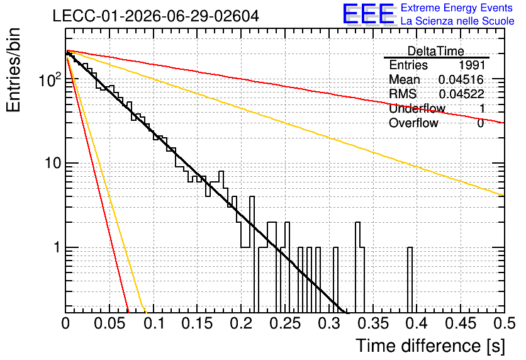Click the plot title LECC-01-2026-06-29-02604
click(x=155, y=16)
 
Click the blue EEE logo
click(x=369, y=14)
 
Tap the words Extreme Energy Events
click(x=457, y=8)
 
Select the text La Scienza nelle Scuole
click(x=457, y=21)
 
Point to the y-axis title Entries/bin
click(x=13, y=70)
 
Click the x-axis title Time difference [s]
click(x=430, y=346)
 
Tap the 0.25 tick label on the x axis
click(x=286, y=323)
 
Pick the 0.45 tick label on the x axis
click(x=461, y=323)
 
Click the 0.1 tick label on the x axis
click(x=154, y=323)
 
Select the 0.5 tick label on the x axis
click(x=505, y=323)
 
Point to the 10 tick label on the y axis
click(x=53, y=163)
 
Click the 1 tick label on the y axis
click(x=57, y=247)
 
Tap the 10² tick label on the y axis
click(x=50, y=79)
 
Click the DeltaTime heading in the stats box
click(x=436, y=51)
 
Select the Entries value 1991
click(x=472, y=65)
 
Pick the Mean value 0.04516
click(x=461, y=79)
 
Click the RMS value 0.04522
click(x=462, y=94)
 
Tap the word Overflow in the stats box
click(x=413, y=123)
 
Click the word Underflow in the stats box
click(x=417, y=108)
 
